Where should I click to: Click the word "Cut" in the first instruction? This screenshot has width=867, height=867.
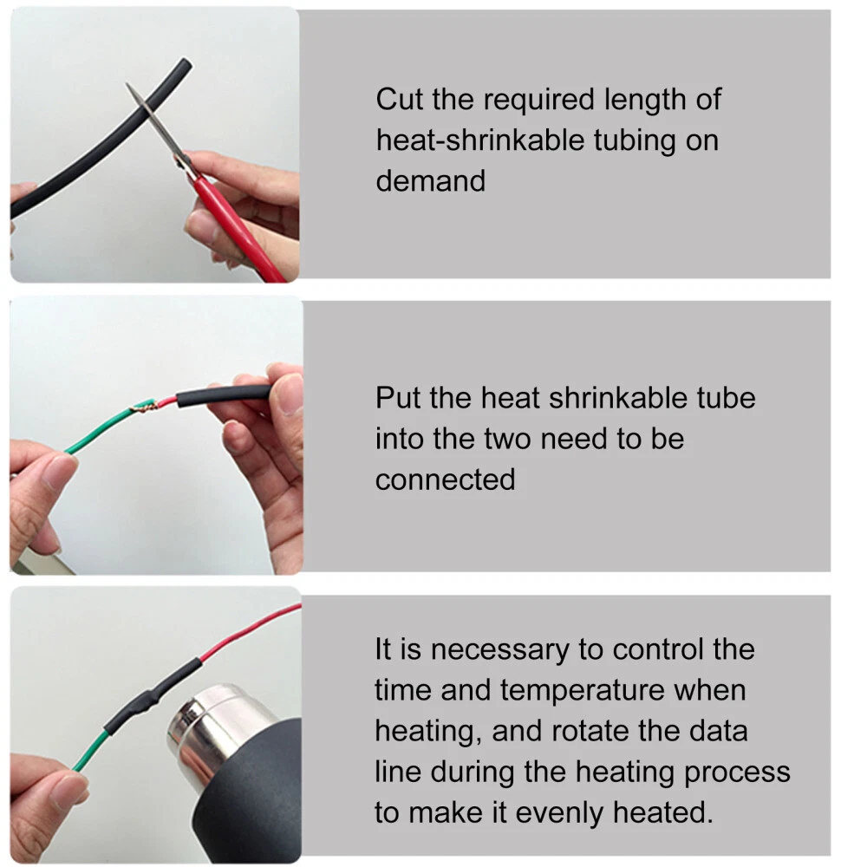point(399,100)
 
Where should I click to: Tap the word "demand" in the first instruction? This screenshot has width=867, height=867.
point(431,181)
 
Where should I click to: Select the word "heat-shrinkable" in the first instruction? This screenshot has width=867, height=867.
point(480,140)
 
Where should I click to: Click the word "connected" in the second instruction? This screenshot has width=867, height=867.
point(445,479)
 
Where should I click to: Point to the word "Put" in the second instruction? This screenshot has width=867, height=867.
point(398,398)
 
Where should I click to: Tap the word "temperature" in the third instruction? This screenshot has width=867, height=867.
point(583,691)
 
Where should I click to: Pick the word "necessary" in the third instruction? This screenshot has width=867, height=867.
point(499,649)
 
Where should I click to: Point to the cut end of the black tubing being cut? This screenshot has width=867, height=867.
point(186,63)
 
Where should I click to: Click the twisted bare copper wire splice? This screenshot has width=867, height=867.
point(145,407)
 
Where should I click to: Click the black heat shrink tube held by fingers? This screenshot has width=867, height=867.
point(224,394)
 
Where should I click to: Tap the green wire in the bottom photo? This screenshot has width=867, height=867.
point(90,751)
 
